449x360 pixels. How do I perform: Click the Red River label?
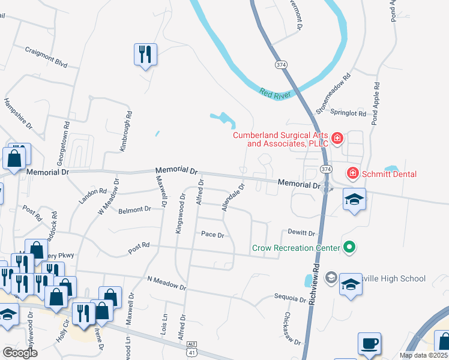pyautogui.click(x=274, y=93)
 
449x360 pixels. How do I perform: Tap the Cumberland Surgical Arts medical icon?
pyautogui.click(x=337, y=139)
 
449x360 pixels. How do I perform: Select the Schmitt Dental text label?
pyautogui.click(x=389, y=174)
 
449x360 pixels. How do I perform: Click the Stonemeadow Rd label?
pyautogui.click(x=333, y=94)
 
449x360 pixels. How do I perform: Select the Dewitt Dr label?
pyautogui.click(x=301, y=232)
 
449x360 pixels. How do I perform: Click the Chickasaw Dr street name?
pyautogui.click(x=293, y=328)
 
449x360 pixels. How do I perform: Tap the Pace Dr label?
pyautogui.click(x=212, y=235)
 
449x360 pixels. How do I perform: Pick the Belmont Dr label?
pyautogui.click(x=134, y=210)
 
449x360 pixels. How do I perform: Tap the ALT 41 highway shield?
pyautogui.click(x=191, y=344)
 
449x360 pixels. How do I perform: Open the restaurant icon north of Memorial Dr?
pyautogui.click(x=145, y=55)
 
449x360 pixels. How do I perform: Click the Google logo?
pyautogui.click(x=20, y=352)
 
